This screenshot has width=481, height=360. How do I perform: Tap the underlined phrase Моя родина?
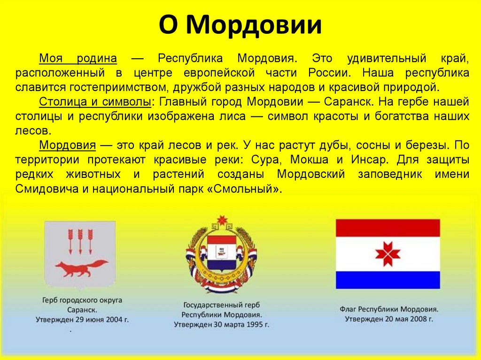pyautogui.click(x=78, y=59)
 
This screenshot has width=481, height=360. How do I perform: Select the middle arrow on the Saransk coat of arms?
pyautogui.click(x=80, y=240)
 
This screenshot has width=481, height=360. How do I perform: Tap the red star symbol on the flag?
pyautogui.click(x=388, y=254)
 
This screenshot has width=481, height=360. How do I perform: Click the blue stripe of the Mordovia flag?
pyautogui.click(x=388, y=280)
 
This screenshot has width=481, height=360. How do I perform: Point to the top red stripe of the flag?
pyautogui.click(x=388, y=228)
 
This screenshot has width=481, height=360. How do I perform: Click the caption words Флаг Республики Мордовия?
pyautogui.click(x=388, y=309)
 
